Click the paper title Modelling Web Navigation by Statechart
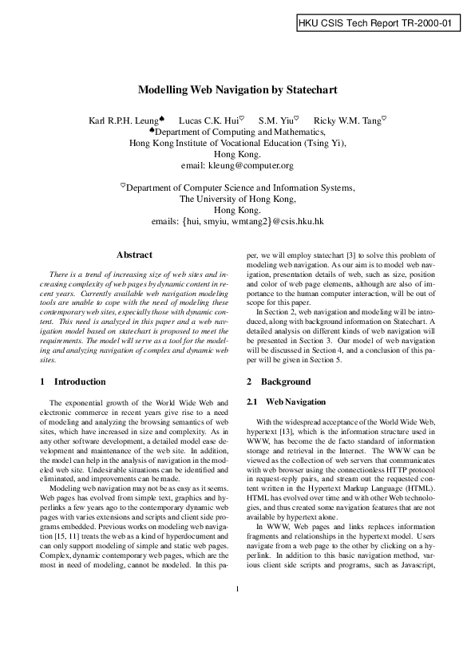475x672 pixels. tap(237, 92)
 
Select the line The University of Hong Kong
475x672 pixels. tap(237, 199)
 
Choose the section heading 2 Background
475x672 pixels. tap(267, 382)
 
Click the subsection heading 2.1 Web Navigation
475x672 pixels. tap(275, 400)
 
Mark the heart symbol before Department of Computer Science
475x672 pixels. tap(123, 186)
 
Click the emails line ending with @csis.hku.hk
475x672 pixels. tap(237, 221)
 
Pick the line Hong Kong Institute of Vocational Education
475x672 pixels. tap(237, 143)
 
